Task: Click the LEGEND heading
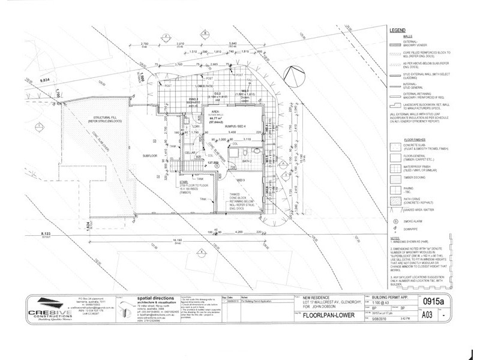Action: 398,29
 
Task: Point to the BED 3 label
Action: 242,180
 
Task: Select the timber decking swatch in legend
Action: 395,176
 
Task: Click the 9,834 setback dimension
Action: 46,79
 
